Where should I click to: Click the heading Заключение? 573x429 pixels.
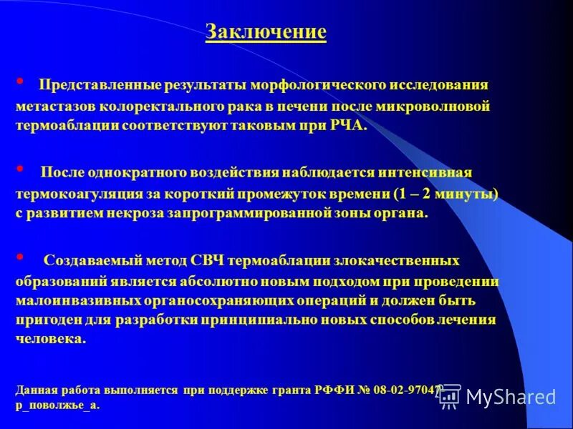[266, 32]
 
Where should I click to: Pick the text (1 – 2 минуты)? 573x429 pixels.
[445, 194]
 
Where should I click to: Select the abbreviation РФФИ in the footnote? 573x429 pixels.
[334, 390]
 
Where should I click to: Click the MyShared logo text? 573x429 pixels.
[509, 396]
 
